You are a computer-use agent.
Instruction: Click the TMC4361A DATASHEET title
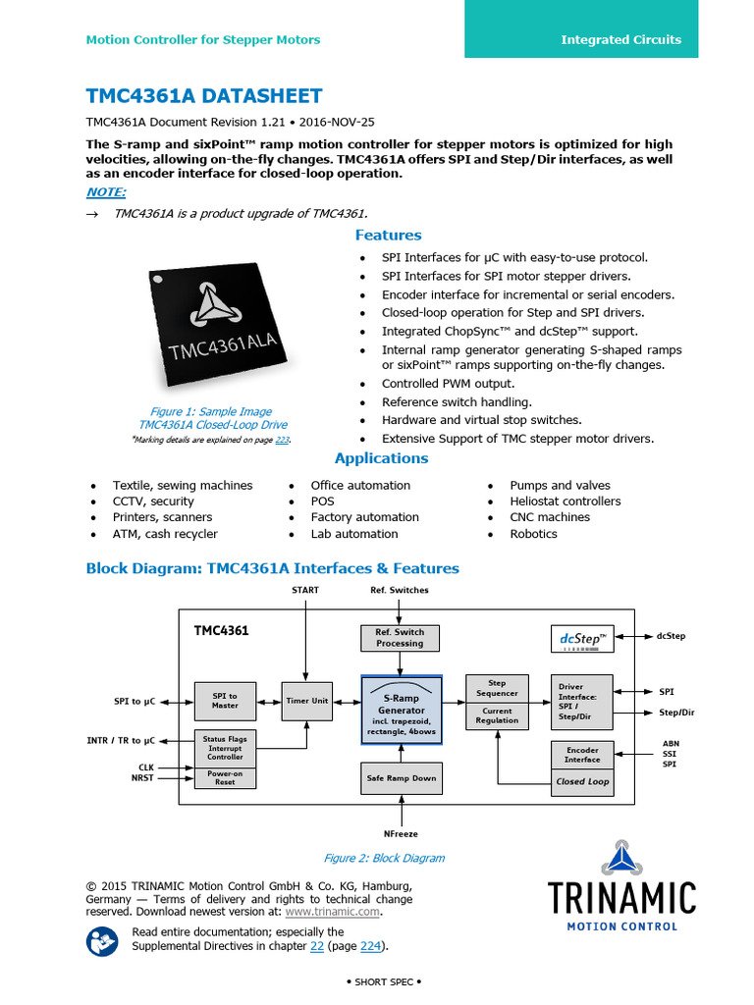pos(204,95)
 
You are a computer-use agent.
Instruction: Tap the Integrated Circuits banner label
pos(620,39)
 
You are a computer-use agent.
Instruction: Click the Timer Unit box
pos(307,701)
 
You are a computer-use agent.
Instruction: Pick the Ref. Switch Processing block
pos(400,638)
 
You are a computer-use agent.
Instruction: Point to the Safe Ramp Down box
pos(401,777)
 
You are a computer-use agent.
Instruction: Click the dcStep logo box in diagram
pos(582,639)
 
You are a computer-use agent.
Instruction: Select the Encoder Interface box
pos(582,754)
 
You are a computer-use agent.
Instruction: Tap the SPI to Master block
pos(225,700)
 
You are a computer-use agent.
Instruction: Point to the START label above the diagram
pos(306,590)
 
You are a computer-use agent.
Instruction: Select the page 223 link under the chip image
pos(282,441)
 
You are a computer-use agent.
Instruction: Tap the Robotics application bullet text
pos(533,534)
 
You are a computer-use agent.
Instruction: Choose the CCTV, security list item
pos(153,502)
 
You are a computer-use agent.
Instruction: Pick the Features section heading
pos(388,236)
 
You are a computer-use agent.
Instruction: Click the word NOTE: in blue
pos(106,192)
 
